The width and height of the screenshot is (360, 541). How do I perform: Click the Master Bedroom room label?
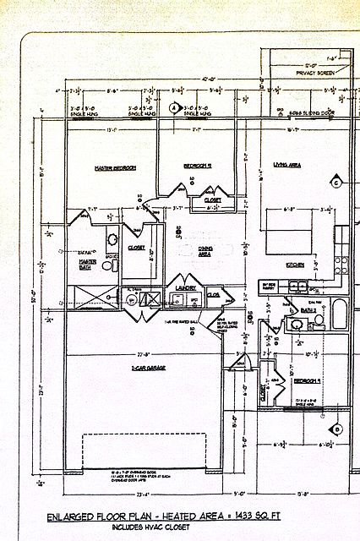115,168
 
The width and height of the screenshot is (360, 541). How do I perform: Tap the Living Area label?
286,165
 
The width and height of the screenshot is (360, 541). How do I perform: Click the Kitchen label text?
295,265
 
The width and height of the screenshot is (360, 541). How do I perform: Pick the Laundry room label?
186,288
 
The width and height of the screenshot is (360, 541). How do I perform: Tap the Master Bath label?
87,265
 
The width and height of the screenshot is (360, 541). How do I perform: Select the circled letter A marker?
173,108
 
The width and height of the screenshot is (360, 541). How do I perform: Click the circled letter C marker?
335,183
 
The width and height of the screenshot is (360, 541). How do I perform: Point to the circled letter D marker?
336,429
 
